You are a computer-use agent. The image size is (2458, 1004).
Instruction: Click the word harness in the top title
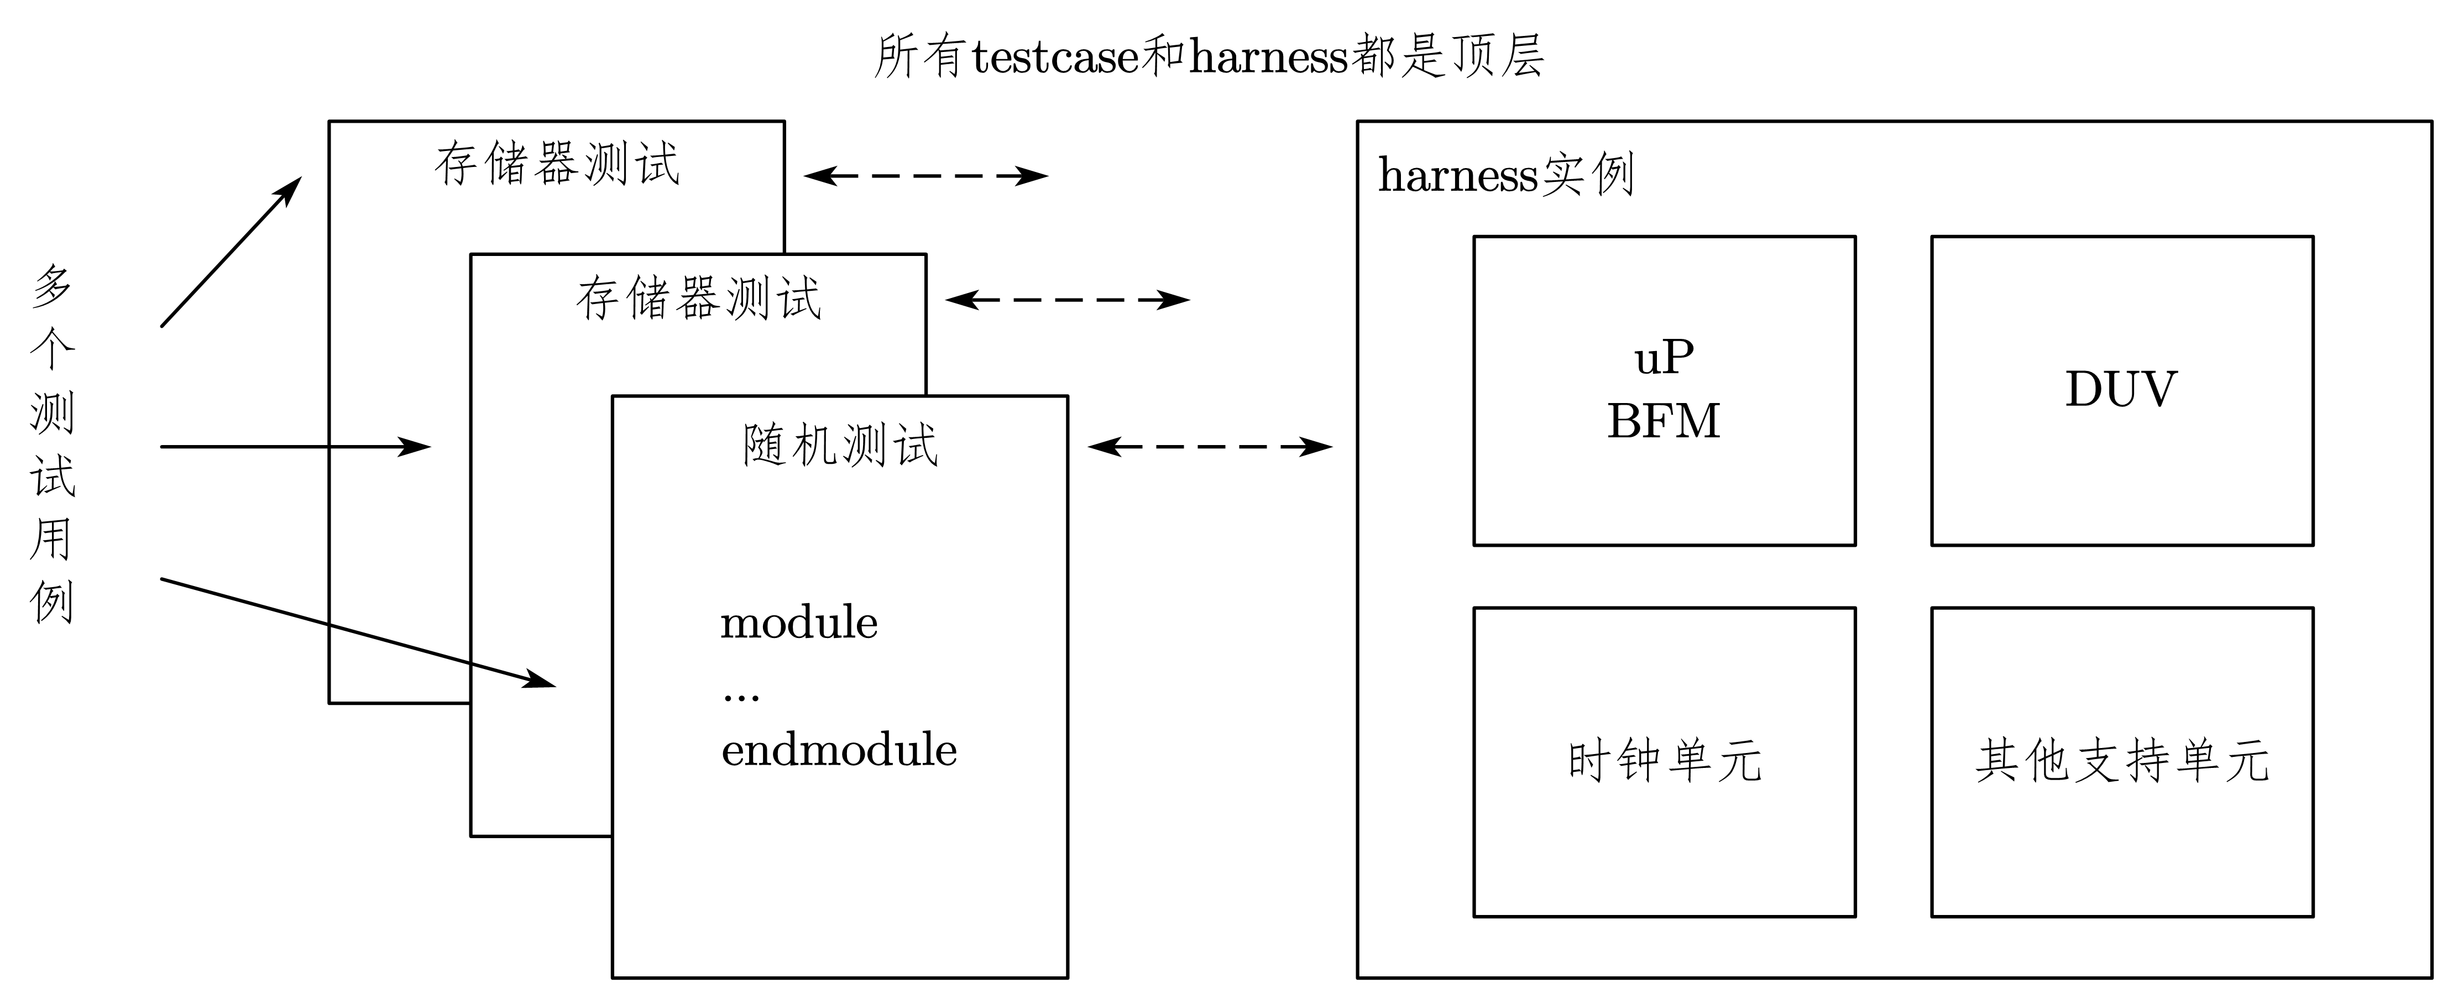[x=1269, y=57]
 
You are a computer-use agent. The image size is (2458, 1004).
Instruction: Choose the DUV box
[x=2121, y=390]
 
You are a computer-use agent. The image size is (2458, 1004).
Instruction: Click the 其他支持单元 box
[x=2121, y=762]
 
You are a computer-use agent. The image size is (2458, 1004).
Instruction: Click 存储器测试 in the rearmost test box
[x=556, y=164]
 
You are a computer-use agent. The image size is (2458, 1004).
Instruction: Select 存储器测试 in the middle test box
[x=698, y=299]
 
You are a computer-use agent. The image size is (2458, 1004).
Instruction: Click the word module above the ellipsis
[x=799, y=623]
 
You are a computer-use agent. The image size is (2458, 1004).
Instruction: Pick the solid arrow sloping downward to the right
[x=358, y=632]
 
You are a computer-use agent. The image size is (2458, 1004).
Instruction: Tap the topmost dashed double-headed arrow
[x=925, y=176]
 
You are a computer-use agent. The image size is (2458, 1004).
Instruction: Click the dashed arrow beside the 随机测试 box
[x=1209, y=446]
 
